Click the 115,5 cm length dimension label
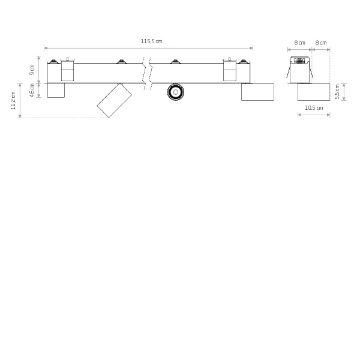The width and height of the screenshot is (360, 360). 151,41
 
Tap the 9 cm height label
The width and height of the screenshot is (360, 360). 32,70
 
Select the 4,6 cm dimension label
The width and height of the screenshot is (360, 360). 32,90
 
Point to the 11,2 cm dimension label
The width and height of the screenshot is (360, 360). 13,101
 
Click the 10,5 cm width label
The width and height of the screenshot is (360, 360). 314,107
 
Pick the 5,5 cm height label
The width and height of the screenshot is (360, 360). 337,92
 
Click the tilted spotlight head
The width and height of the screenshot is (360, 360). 114,101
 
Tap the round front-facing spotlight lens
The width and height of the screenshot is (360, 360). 176,92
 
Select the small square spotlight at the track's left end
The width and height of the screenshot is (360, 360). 56,91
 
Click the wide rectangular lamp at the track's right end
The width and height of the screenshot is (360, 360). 257,92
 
